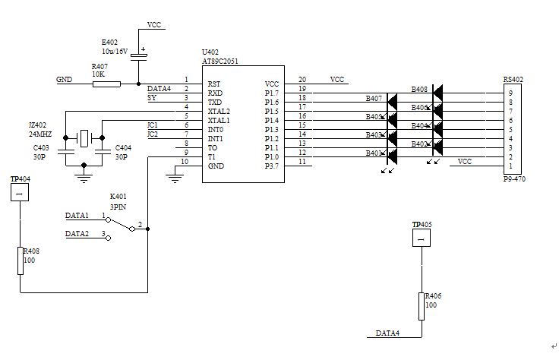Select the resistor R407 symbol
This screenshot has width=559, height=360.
[106, 84]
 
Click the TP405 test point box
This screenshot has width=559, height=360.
[421, 238]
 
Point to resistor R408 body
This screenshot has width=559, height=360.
[21, 260]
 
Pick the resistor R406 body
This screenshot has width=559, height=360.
[421, 305]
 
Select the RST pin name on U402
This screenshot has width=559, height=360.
[214, 84]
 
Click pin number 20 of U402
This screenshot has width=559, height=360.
[302, 80]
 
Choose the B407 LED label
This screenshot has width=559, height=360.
[374, 99]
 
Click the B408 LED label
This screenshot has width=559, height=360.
[419, 90]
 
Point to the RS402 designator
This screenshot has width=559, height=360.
[513, 80]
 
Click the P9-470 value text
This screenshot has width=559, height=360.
[514, 179]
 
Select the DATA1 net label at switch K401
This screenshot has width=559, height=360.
[77, 216]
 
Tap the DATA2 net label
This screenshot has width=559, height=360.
[77, 234]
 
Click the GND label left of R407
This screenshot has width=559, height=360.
[64, 79]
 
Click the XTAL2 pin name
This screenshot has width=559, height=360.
[219, 112]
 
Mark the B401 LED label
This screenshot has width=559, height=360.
[374, 153]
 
